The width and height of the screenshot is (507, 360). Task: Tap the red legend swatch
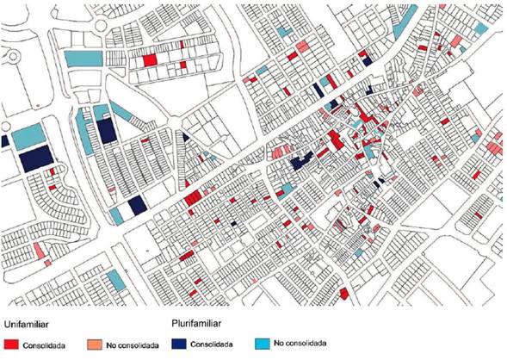11,344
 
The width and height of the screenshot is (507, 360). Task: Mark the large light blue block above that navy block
27,136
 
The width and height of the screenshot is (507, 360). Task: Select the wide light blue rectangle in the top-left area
83,57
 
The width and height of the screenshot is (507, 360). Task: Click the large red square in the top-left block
150,60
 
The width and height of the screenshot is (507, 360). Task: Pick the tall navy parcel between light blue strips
106,129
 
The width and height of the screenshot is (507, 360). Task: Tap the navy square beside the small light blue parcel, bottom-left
136,206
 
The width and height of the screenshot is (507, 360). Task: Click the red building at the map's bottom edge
343,294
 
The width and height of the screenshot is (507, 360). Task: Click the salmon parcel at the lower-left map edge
40,251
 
